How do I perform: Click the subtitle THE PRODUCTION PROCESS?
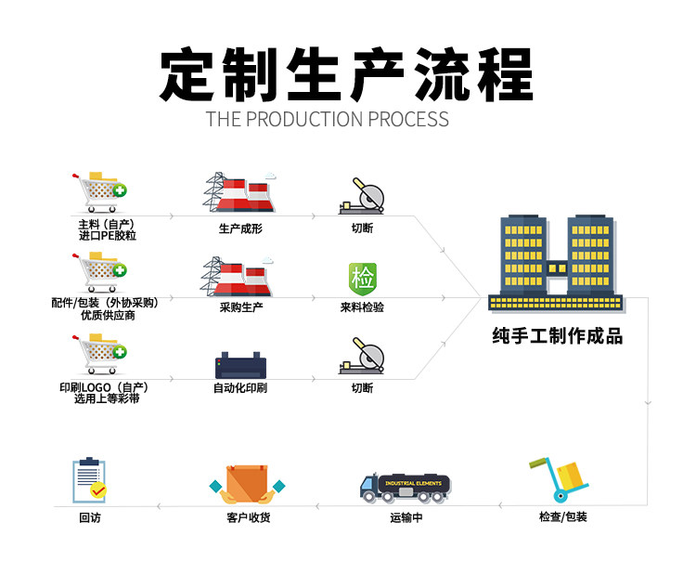pyautogui.click(x=327, y=119)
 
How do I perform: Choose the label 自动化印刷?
pyautogui.click(x=239, y=388)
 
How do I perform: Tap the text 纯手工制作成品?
pyautogui.click(x=557, y=336)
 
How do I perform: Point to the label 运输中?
pyautogui.click(x=406, y=518)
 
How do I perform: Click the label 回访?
pyautogui.click(x=89, y=518)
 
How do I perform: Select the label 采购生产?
pyautogui.click(x=240, y=307)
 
